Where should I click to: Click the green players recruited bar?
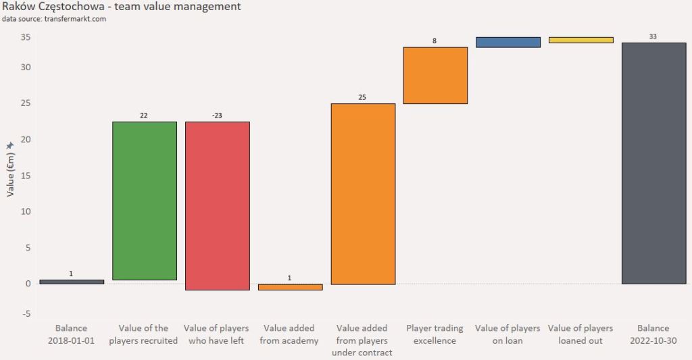coord(144,201)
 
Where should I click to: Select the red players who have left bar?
coord(217,205)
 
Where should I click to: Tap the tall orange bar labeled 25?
coord(363,194)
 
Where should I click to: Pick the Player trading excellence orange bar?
coord(435,75)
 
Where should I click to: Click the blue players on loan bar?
coord(508,42)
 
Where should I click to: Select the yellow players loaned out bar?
coord(581,40)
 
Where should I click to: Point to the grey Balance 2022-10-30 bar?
coord(653,163)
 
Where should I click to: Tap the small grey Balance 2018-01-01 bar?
coord(72,282)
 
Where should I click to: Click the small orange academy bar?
coord(290,287)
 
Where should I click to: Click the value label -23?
coord(217,115)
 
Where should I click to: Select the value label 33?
coord(653,36)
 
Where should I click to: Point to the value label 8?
coord(435,41)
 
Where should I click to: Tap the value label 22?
coord(144,115)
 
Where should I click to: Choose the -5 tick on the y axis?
coord(25,314)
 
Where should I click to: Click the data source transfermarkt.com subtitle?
coord(54,19)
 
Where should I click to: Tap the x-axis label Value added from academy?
coord(289,334)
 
